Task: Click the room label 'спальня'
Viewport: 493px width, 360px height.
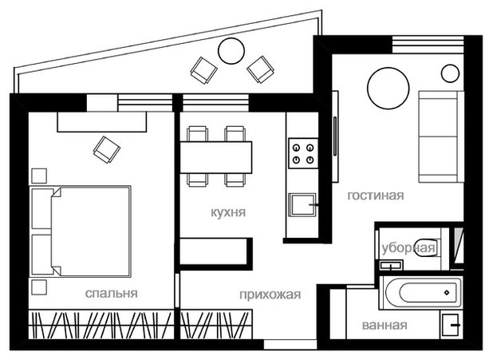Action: [112, 293]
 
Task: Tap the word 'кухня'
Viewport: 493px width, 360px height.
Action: [228, 212]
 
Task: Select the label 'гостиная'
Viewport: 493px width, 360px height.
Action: [376, 196]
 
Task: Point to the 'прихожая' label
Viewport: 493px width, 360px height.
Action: [270, 295]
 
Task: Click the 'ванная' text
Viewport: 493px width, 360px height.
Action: [385, 325]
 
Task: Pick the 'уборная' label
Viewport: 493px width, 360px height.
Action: [408, 248]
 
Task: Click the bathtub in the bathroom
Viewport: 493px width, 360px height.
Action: [421, 292]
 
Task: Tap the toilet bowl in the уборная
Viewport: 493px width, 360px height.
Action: [428, 248]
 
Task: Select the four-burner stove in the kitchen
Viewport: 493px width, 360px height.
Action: [303, 153]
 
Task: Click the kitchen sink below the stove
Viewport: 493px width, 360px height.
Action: [302, 204]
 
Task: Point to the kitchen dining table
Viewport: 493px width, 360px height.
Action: [216, 157]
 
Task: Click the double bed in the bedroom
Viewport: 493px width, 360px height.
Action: [81, 231]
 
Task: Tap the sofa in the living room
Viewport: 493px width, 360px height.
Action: [441, 136]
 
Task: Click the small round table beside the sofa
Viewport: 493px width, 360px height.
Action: [450, 73]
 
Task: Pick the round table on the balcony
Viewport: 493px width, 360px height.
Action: [231, 51]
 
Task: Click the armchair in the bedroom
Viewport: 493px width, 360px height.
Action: [107, 150]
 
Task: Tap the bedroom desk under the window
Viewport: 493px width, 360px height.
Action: [102, 121]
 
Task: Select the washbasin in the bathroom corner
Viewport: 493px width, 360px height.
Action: [452, 325]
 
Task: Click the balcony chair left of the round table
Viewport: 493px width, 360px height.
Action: [203, 70]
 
